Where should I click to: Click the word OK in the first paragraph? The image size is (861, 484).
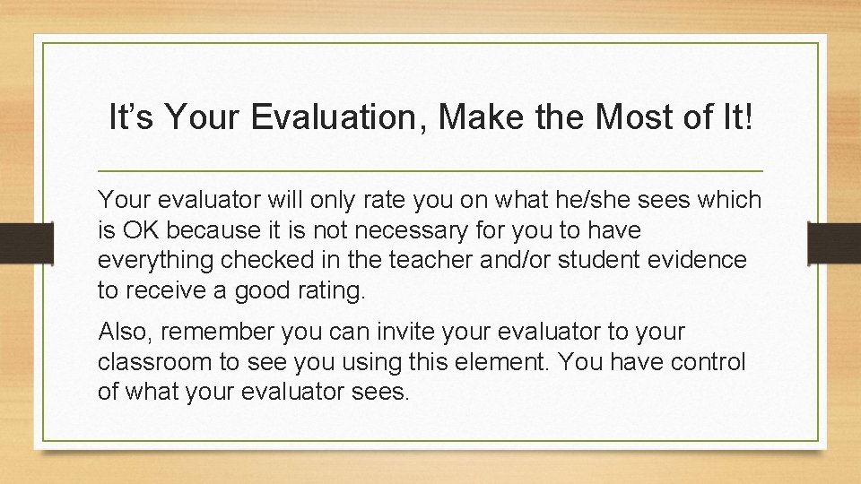(140, 230)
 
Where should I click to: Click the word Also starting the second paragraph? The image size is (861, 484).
(122, 332)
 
